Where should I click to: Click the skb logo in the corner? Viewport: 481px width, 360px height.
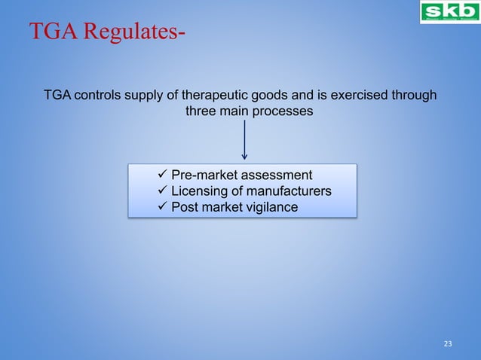(x=449, y=13)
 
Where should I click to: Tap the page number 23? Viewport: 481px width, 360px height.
(x=448, y=344)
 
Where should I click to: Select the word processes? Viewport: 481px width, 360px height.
(x=285, y=111)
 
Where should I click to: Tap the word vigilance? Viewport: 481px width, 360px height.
(x=270, y=207)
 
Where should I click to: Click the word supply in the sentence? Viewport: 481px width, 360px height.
(x=146, y=96)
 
